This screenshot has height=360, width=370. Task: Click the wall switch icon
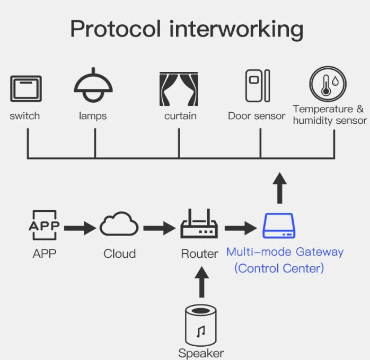click(x=25, y=88)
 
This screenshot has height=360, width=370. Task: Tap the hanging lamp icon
click(x=93, y=85)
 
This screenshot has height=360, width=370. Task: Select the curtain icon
click(x=179, y=89)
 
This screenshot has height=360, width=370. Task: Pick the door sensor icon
click(x=257, y=85)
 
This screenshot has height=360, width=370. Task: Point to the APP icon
click(x=44, y=227)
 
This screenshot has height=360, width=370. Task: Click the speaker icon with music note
click(x=200, y=325)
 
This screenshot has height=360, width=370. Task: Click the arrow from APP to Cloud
click(x=80, y=228)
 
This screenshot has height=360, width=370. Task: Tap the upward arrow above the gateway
click(x=280, y=187)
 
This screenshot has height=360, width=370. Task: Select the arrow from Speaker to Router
click(x=200, y=281)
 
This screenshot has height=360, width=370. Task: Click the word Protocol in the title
click(x=116, y=29)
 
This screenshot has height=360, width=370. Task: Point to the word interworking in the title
click(x=237, y=29)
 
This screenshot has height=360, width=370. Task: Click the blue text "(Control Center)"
click(x=279, y=268)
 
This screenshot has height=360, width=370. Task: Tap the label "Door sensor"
click(x=257, y=116)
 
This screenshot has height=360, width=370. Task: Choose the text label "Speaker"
click(x=201, y=353)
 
